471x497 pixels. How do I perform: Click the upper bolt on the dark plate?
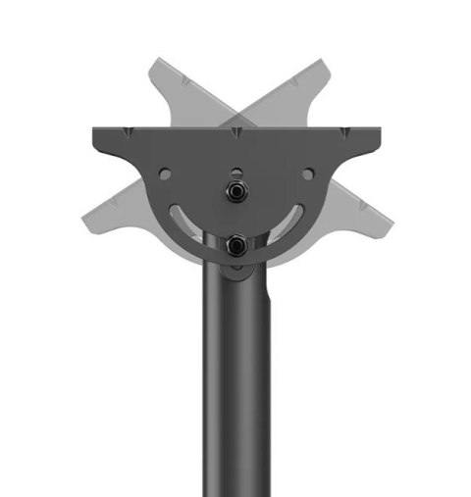235,189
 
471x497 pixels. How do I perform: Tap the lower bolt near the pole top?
235,246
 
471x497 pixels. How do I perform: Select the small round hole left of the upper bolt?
165,174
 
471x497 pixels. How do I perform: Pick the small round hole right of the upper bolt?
307,174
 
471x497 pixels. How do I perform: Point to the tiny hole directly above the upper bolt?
235,153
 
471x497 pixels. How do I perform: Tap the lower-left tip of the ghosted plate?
86,211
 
